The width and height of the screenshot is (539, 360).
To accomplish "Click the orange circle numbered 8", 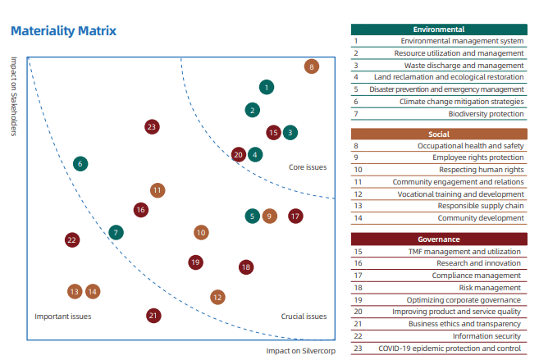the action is click(312, 66).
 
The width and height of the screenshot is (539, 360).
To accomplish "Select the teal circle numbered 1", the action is click(267, 87).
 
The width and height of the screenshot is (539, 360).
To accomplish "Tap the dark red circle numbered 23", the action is click(152, 127).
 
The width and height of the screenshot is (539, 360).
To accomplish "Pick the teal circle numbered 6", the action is click(80, 164).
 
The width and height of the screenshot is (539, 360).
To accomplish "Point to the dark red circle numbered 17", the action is click(295, 216).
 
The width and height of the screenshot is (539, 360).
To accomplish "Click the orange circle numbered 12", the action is click(217, 297).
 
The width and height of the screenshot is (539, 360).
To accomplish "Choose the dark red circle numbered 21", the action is click(153, 316).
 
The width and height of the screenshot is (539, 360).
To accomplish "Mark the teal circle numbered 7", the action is click(116, 233).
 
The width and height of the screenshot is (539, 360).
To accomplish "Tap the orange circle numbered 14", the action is click(93, 292).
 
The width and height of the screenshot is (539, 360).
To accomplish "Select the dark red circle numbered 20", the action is click(239, 155).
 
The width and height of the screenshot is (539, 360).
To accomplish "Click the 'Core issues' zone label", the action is click(308, 167).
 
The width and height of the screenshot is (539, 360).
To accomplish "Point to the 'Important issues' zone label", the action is click(63, 317).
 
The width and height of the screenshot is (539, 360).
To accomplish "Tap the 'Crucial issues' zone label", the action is click(304, 317).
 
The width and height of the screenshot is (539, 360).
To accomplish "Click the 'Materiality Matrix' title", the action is click(64, 31).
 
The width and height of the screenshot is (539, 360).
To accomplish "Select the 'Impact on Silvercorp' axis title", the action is click(301, 351).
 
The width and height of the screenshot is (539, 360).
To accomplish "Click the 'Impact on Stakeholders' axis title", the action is click(14, 97).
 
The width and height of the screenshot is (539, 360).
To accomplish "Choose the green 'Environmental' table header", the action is click(439, 30).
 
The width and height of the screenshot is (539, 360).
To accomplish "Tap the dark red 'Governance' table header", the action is click(439, 239).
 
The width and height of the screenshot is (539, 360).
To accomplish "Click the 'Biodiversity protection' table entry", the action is click(486, 114).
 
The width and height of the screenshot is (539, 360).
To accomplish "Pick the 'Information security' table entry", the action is click(486, 336).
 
